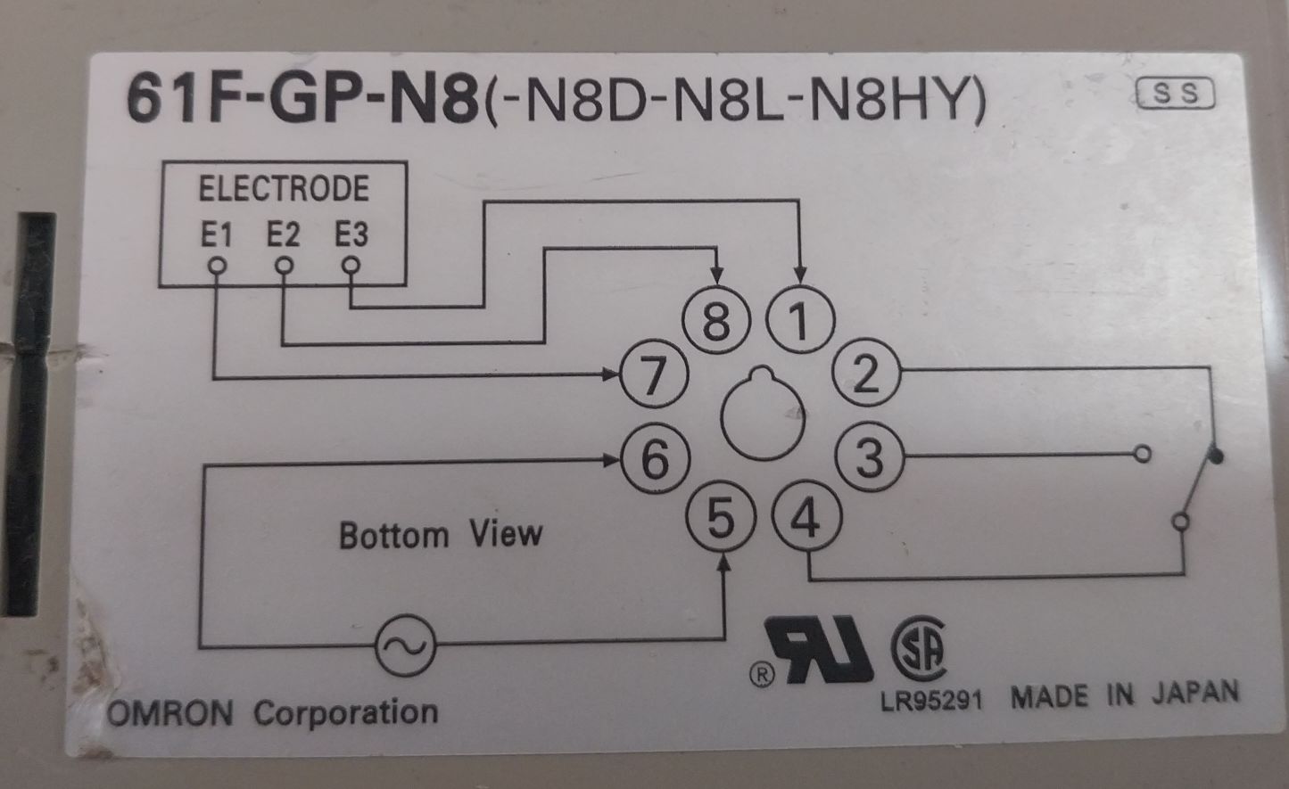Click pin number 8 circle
tap(716, 322)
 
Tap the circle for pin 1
tap(800, 322)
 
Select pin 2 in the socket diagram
tap(865, 374)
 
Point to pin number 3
tap(869, 457)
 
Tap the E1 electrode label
tap(215, 235)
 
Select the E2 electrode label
tap(283, 235)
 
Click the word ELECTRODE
tap(283, 189)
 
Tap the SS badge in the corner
tap(1177, 94)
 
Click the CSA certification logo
tap(919, 651)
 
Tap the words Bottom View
tap(441, 535)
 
